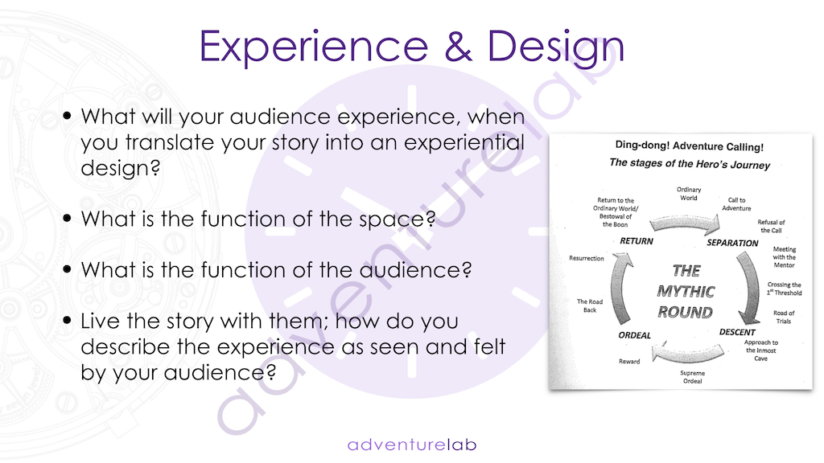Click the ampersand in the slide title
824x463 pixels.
click(458, 46)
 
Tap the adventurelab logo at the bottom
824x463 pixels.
click(412, 445)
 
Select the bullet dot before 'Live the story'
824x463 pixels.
click(67, 320)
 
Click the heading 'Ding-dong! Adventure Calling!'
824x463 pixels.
click(690, 146)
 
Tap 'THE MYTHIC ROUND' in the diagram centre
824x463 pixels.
click(686, 291)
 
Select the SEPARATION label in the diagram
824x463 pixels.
click(732, 243)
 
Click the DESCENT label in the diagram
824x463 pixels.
click(737, 332)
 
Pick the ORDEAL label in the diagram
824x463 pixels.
click(634, 335)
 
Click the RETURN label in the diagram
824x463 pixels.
click(637, 241)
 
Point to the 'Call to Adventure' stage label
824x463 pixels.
click(736, 204)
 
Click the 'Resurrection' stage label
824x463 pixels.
click(587, 258)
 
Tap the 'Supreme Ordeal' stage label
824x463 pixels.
click(693, 377)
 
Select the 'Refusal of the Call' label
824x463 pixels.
click(771, 226)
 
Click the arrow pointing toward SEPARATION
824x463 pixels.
click(686, 223)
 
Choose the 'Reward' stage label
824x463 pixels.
click(629, 361)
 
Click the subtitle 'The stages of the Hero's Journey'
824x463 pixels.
click(690, 164)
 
